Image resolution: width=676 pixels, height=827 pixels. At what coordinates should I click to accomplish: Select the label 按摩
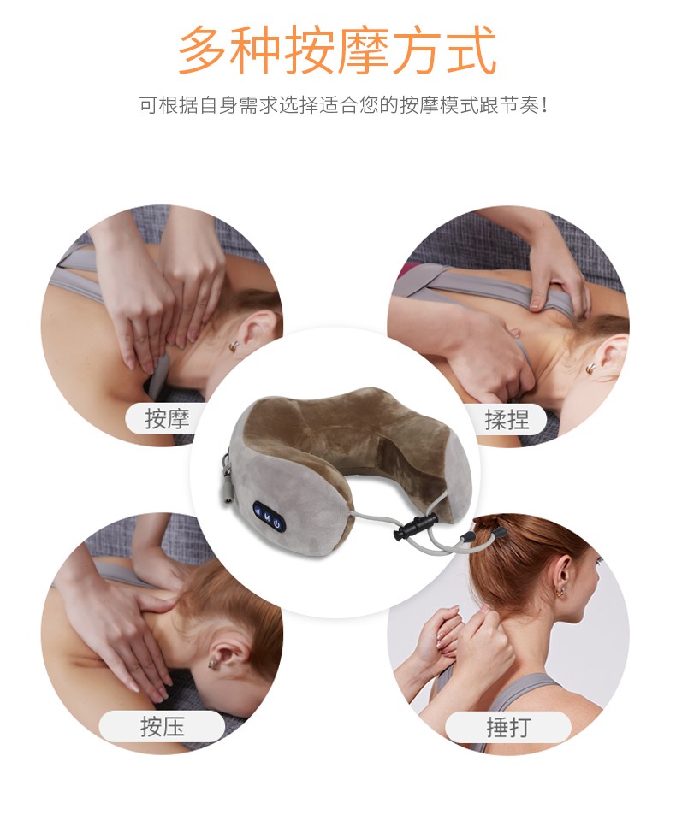(167, 419)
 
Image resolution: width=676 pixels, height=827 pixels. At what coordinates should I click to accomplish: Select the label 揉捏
(507, 419)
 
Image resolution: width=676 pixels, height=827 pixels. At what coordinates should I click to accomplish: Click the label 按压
(163, 728)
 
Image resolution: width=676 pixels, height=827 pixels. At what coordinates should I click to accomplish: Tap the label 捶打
(508, 728)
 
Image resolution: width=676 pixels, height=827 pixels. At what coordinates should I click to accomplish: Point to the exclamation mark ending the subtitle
(544, 106)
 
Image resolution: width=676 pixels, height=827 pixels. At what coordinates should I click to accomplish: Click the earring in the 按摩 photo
(232, 346)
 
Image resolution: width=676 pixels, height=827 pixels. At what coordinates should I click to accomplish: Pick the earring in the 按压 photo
(211, 661)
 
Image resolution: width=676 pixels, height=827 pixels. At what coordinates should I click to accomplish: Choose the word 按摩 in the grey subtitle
(406, 106)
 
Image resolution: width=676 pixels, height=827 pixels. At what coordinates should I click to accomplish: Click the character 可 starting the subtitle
(148, 106)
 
